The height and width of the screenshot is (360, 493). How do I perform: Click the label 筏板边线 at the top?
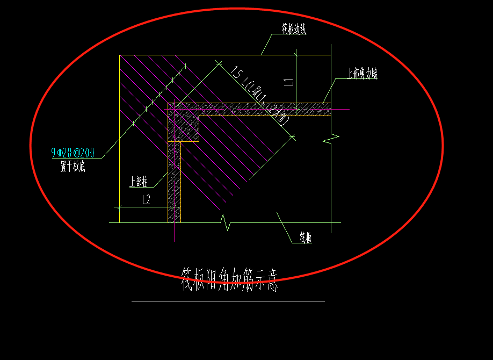(294, 30)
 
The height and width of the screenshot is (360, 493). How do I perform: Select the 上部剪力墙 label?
(362, 74)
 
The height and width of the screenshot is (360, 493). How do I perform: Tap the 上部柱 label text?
(139, 182)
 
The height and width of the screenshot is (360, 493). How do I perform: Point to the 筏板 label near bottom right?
(306, 237)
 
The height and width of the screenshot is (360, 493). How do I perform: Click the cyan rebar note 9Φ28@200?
(73, 153)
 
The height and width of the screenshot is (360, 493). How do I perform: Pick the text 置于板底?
(73, 167)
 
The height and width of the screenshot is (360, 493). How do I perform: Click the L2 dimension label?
(146, 200)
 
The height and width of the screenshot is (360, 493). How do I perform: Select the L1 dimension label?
(289, 82)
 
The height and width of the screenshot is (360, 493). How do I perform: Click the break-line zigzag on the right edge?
(331, 139)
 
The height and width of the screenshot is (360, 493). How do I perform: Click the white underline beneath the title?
(228, 301)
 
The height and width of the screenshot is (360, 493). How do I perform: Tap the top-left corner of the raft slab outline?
(120, 55)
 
